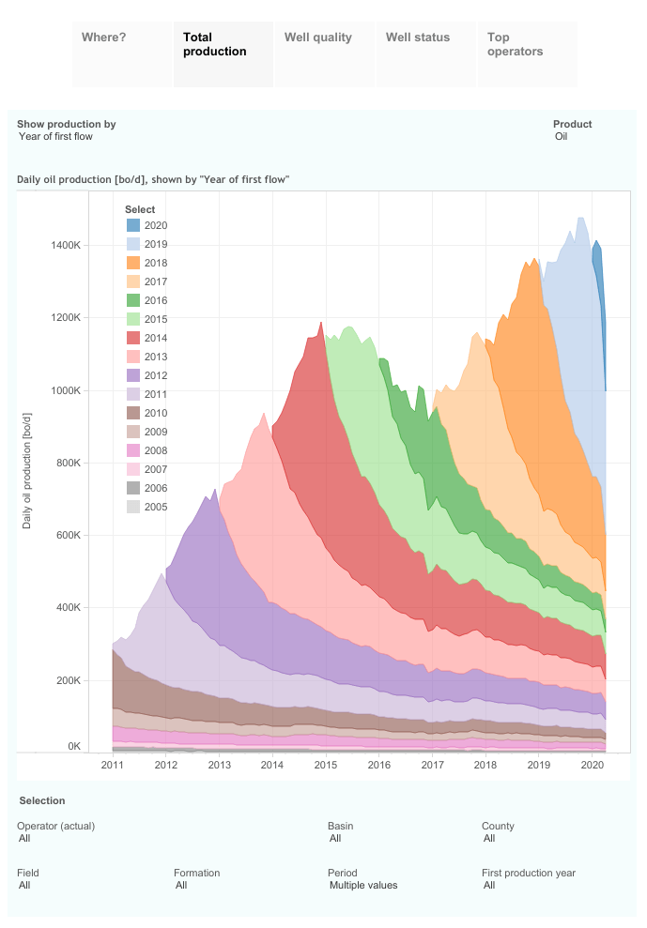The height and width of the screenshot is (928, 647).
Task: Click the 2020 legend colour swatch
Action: pyautogui.click(x=133, y=225)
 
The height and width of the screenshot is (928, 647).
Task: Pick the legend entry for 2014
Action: pyautogui.click(x=156, y=338)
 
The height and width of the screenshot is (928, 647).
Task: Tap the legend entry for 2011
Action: pyautogui.click(x=156, y=394)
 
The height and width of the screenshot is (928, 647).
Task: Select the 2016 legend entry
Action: pyautogui.click(x=156, y=300)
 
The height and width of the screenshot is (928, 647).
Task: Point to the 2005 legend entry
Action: pyautogui.click(x=156, y=507)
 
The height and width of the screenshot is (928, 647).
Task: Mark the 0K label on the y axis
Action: pyautogui.click(x=74, y=746)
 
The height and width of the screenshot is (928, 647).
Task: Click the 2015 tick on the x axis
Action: pyautogui.click(x=326, y=766)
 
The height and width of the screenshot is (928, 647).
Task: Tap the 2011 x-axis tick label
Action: pyautogui.click(x=113, y=766)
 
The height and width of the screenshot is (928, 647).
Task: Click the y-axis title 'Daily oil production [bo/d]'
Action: pyautogui.click(x=27, y=469)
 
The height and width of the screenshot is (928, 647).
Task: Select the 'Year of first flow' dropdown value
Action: pyautogui.click(x=55, y=137)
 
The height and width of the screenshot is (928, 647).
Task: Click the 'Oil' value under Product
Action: pyautogui.click(x=562, y=137)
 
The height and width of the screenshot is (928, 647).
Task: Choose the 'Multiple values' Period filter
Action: pyautogui.click(x=363, y=885)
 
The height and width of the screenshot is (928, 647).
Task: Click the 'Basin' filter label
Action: pyautogui.click(x=341, y=826)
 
